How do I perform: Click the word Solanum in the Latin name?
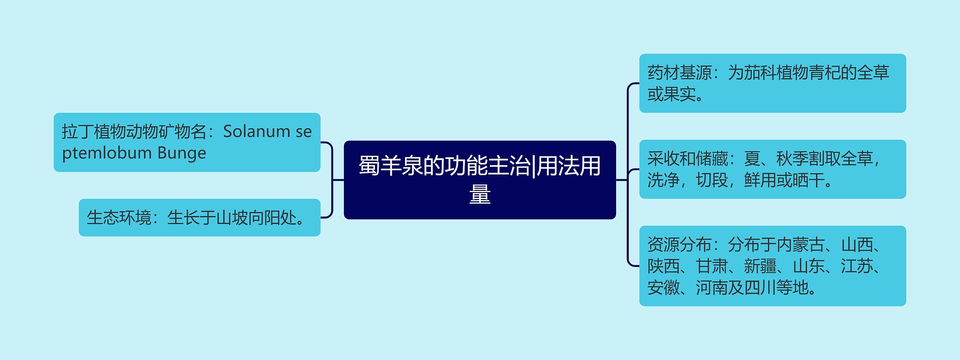click(256, 132)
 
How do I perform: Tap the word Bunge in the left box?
click(182, 153)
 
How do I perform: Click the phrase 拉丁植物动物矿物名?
click(134, 132)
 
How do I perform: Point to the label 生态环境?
click(119, 218)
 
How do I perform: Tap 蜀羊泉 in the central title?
click(390, 166)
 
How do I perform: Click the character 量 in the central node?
click(480, 194)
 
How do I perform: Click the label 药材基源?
click(679, 73)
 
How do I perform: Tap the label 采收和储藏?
click(687, 159)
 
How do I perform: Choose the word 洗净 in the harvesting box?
click(663, 180)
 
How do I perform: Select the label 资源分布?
click(679, 245)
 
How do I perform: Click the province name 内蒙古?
click(800, 245)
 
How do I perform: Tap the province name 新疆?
click(760, 267)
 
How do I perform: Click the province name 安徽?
click(663, 288)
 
